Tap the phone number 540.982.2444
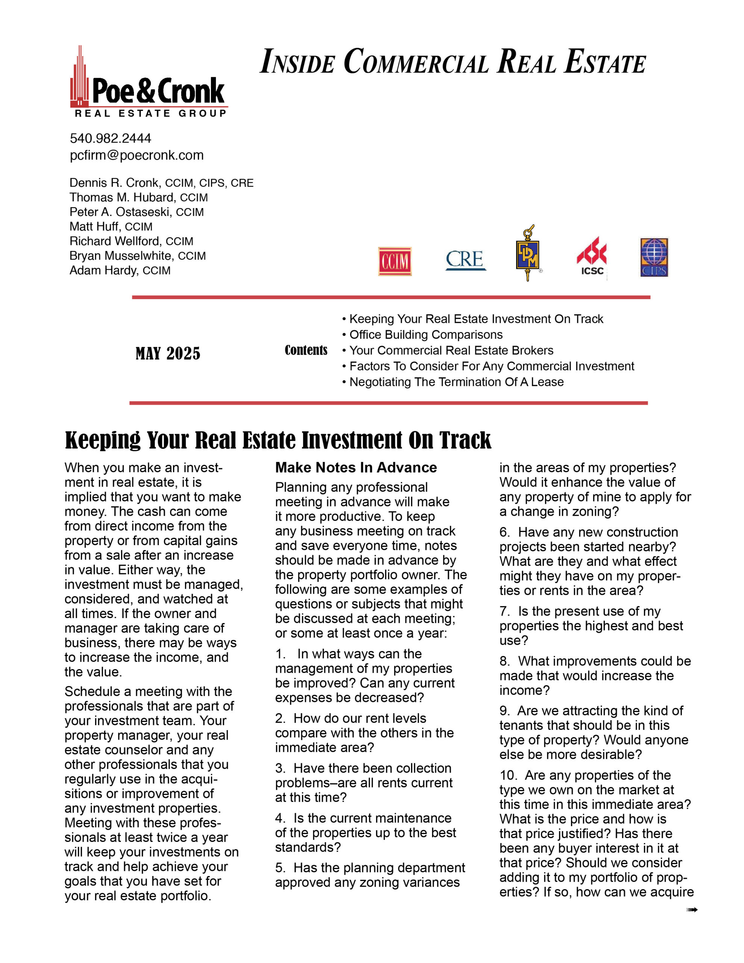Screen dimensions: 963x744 pos(110,138)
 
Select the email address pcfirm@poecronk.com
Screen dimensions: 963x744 pos(136,155)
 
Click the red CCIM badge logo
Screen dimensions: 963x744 pos(394,261)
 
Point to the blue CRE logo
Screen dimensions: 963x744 pos(465,259)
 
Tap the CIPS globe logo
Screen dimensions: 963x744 pos(654,258)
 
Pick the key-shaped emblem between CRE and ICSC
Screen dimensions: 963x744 pos(527,253)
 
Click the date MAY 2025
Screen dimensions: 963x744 pos(168,354)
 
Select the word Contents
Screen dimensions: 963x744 pos(306,351)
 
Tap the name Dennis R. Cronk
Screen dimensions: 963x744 pos(114,182)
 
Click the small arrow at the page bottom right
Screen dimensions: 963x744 pos(691,910)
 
